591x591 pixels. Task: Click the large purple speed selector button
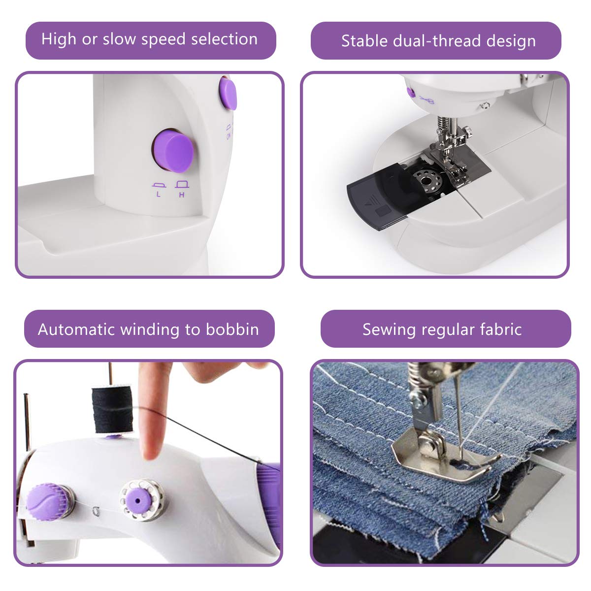point(172,151)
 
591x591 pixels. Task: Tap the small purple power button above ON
point(228,93)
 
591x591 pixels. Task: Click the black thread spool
point(112,409)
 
